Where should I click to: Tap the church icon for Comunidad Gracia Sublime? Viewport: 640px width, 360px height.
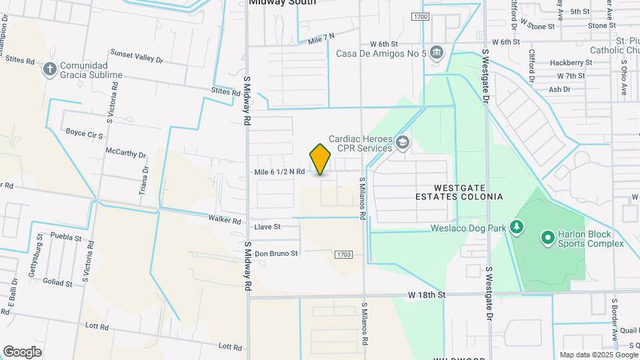pyautogui.click(x=50, y=69)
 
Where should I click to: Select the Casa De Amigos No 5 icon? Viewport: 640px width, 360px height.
pyautogui.click(x=436, y=52)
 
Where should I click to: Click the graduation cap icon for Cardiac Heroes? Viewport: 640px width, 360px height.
pyautogui.click(x=402, y=142)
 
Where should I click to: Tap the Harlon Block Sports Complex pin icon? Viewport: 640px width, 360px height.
pyautogui.click(x=547, y=237)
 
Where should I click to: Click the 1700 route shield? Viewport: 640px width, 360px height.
pyautogui.click(x=420, y=17)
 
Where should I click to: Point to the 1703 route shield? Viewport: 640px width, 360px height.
pyautogui.click(x=343, y=254)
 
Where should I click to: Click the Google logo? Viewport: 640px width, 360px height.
pyautogui.click(x=22, y=351)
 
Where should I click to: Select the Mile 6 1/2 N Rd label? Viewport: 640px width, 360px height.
pyautogui.click(x=279, y=172)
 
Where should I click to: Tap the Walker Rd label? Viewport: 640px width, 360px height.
pyautogui.click(x=224, y=219)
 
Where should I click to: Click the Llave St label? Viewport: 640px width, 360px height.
pyautogui.click(x=267, y=227)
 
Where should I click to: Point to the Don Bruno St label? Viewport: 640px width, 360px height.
pyautogui.click(x=276, y=253)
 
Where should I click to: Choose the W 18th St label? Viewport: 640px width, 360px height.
pyautogui.click(x=426, y=294)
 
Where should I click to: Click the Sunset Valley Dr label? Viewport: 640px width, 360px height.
pyautogui.click(x=136, y=56)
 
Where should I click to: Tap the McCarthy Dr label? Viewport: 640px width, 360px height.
pyautogui.click(x=125, y=153)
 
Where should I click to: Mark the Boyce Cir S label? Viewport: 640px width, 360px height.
pyautogui.click(x=84, y=134)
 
